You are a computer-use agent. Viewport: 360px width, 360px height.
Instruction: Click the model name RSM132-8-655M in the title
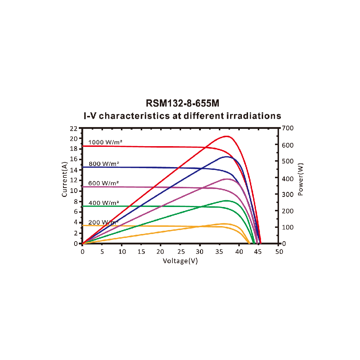pos(183,103)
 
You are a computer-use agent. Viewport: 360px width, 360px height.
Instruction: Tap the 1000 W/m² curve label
pos(105,142)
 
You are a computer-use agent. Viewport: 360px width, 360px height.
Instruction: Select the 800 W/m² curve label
pos(104,164)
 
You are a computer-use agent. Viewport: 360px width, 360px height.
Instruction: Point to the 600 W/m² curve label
pos(104,183)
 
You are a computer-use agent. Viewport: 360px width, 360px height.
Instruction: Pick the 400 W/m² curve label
pos(104,203)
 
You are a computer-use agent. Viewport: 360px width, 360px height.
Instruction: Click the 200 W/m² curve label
pos(103,222)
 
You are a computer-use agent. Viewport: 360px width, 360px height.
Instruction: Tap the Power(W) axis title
pos(301,179)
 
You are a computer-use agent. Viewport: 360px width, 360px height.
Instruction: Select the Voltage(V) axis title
pos(180,261)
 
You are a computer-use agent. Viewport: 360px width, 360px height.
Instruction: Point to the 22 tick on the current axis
pos(74,129)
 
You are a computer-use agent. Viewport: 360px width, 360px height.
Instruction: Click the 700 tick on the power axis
pos(289,129)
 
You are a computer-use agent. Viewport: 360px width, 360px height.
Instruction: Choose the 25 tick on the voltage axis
pos(181,252)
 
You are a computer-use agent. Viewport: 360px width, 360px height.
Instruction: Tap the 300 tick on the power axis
pos(289,194)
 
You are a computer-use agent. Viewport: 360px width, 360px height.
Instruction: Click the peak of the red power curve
pos(227,136)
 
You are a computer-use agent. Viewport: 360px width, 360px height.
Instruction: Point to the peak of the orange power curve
pos(224,224)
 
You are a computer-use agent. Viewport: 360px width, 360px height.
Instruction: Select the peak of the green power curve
pos(226,201)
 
